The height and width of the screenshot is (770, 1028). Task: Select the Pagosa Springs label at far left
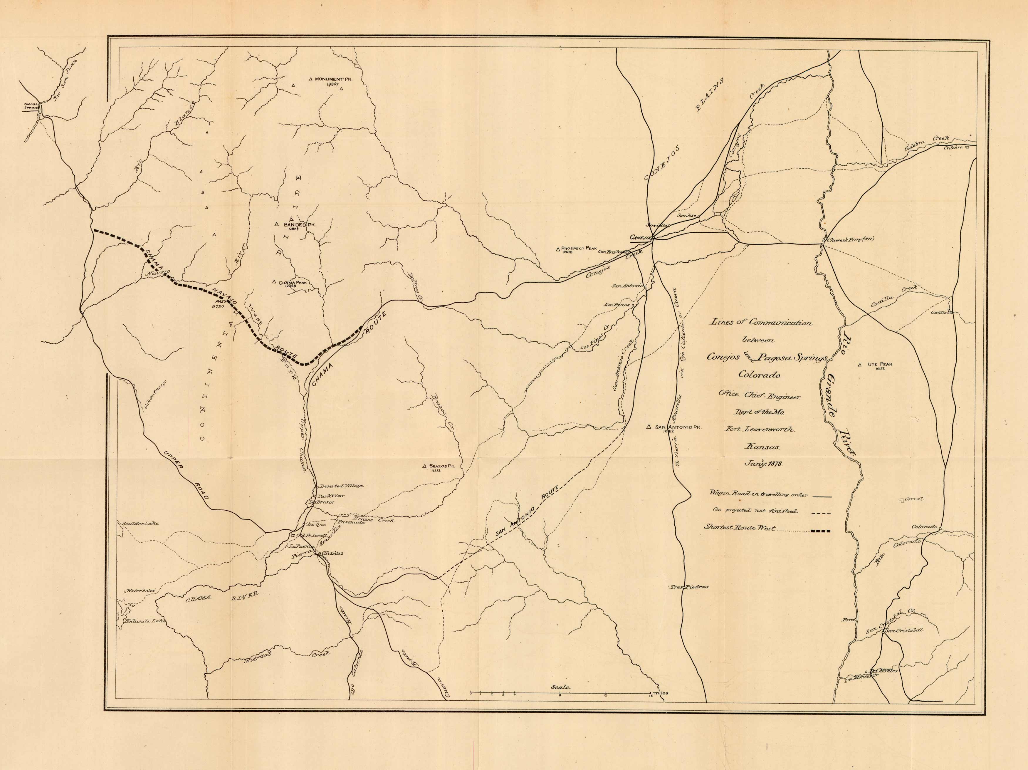(32, 106)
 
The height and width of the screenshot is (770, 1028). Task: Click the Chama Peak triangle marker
(274, 282)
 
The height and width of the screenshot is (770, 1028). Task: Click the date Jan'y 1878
(763, 464)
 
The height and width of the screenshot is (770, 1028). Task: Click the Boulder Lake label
(140, 524)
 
